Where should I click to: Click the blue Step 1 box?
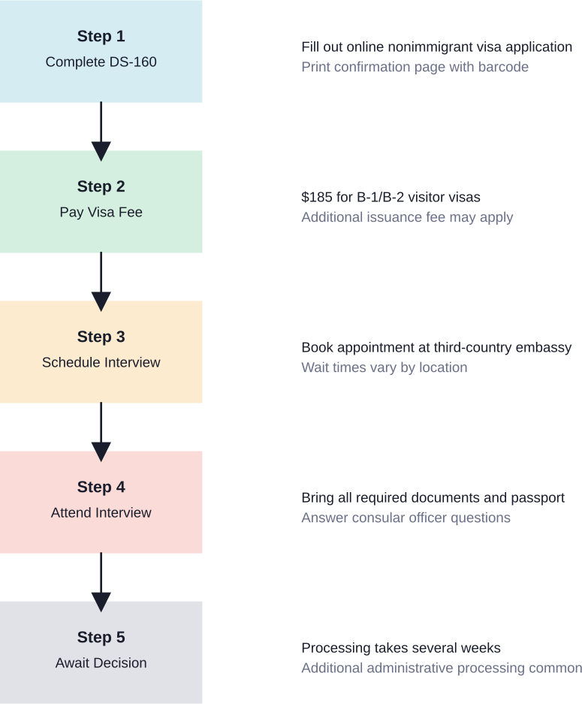101,51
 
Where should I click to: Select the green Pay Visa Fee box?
101,201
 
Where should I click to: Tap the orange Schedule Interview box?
101,352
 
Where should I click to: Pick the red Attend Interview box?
101,502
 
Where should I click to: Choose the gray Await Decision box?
101,652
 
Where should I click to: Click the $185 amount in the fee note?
316,198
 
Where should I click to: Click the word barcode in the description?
503,68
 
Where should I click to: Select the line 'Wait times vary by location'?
384,368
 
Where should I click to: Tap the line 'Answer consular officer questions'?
406,518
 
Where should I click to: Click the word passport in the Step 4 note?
538,498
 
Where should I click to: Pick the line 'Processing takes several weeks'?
400,648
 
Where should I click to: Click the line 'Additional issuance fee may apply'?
407,218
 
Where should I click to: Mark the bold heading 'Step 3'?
101,337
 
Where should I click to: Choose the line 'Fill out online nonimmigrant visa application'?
436,47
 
